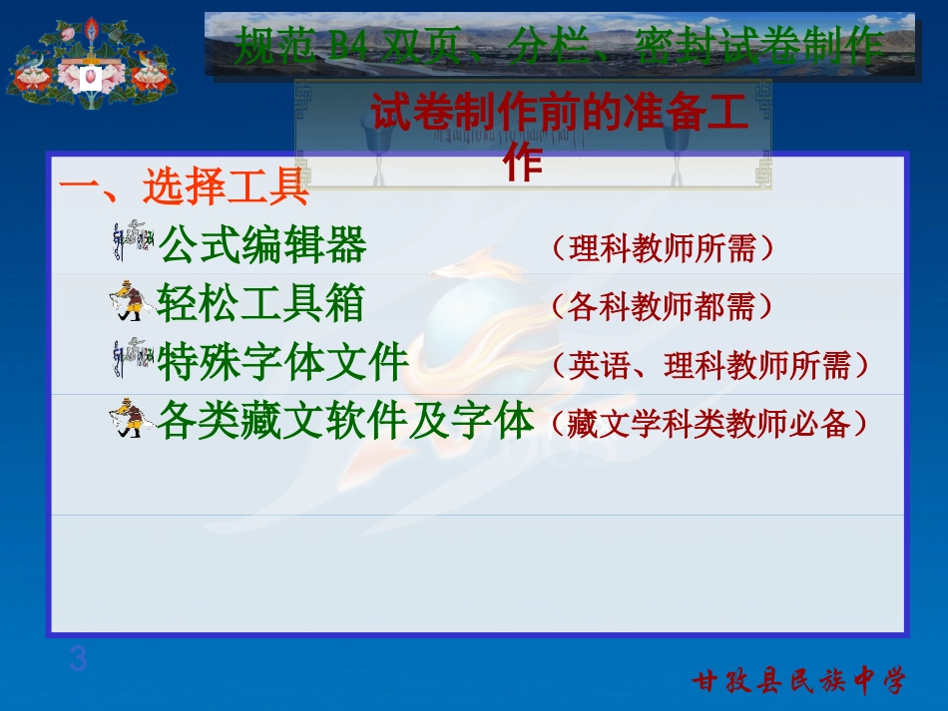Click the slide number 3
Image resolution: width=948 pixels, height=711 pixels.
coord(78,659)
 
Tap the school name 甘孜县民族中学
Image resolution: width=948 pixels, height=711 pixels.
coord(799,681)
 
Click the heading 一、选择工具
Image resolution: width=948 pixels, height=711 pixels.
coord(184,185)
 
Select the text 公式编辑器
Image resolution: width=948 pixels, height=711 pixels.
coord(262,245)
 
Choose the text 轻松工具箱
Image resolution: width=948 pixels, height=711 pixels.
coord(260,304)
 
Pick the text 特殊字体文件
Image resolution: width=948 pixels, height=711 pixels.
coord(283,363)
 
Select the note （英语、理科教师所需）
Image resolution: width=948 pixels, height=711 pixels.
coord(710,366)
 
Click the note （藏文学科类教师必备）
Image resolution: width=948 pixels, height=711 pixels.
coord(710,425)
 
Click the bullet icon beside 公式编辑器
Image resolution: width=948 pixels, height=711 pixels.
coord(132,242)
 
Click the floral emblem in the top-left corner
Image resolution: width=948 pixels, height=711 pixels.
coord(91,63)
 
